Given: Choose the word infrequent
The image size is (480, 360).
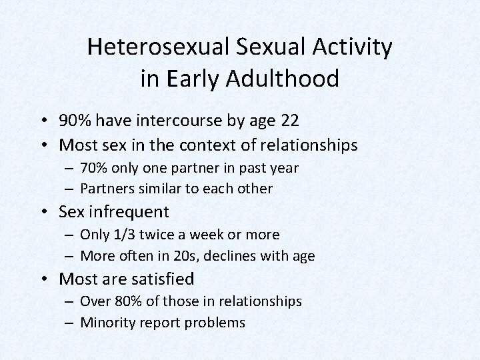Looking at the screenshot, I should click(130, 212).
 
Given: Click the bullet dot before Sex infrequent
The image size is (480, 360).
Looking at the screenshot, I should click(47, 213).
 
